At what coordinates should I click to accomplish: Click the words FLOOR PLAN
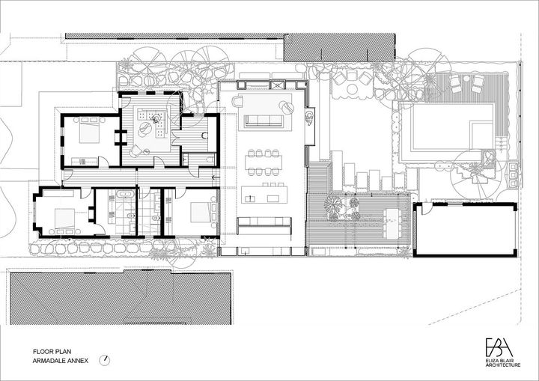point(52,351)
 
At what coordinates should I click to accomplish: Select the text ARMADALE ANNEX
point(61,361)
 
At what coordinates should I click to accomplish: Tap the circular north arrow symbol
point(105,360)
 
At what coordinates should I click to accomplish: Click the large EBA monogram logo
point(499,347)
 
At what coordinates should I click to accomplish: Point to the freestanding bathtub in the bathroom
point(126,194)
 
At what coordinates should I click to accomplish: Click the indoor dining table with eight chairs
point(264,162)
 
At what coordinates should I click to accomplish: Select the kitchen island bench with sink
point(264,195)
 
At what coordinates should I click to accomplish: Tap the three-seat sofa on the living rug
point(264,121)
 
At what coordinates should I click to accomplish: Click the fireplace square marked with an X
point(278,85)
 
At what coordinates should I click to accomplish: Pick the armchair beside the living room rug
point(237,101)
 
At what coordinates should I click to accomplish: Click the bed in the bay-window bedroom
point(64,220)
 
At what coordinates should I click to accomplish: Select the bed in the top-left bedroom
point(89,131)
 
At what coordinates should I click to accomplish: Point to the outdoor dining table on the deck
point(392,224)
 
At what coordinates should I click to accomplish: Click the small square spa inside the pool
point(481,132)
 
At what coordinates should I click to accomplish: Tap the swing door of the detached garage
point(424,208)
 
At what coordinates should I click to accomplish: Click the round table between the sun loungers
point(466,79)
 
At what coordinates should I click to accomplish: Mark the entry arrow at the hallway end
point(216,178)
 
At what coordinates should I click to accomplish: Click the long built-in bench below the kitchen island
point(264,225)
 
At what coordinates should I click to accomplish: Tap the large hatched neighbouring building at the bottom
point(121,297)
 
